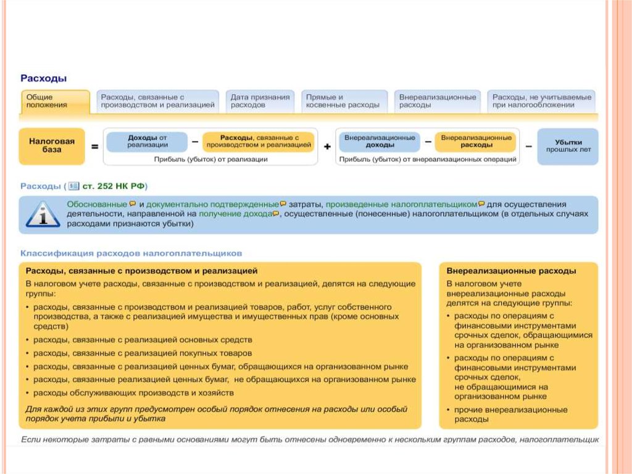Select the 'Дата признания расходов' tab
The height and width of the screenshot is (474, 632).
coord(260,101)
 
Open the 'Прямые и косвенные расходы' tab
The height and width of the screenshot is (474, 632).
coord(343,101)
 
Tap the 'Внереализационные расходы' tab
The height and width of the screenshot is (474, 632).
coord(438,101)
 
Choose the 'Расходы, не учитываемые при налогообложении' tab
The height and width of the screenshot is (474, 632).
coord(541,101)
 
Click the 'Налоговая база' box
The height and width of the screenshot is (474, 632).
coord(52,146)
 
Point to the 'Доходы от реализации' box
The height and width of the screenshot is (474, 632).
coord(148,142)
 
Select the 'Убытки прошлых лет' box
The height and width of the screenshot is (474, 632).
coord(568,146)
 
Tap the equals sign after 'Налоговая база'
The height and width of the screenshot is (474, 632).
coord(94,147)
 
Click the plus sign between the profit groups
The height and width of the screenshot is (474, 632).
coord(326,147)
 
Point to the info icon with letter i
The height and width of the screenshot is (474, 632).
coord(42,214)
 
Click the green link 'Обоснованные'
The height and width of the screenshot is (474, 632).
coord(97,204)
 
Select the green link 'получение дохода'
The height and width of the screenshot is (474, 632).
coord(235,214)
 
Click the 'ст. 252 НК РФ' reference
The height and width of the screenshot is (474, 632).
coord(116,185)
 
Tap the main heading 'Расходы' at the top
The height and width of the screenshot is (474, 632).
coord(44,78)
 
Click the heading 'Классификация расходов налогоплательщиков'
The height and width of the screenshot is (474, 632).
coord(131,253)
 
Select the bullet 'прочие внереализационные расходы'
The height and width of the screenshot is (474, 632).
coord(510,415)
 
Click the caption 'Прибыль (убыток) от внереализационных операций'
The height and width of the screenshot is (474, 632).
coord(428,159)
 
